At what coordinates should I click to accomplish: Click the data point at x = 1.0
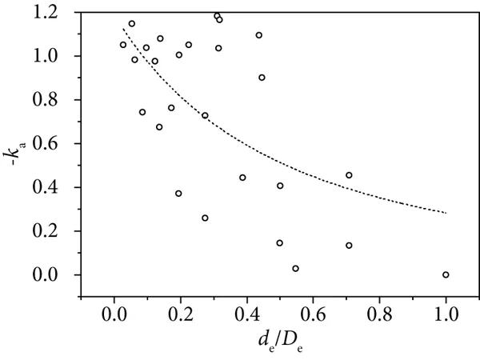(446, 274)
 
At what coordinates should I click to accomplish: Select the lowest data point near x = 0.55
(295, 269)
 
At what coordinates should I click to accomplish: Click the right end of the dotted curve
(446, 213)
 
